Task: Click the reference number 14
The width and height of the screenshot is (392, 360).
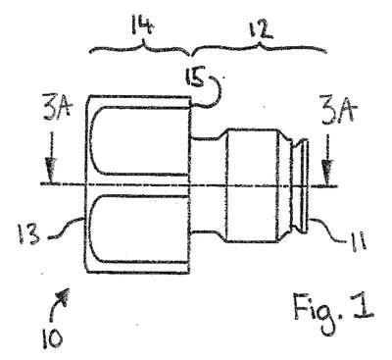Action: click(x=142, y=26)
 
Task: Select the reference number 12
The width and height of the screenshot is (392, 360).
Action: click(x=260, y=29)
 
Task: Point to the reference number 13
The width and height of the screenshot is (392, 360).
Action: click(x=28, y=234)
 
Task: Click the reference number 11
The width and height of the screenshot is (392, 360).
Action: click(x=359, y=241)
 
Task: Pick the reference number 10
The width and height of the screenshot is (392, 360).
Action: click(x=52, y=338)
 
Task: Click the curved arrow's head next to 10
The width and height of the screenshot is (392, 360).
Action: click(x=65, y=296)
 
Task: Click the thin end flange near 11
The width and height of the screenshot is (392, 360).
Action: click(x=306, y=185)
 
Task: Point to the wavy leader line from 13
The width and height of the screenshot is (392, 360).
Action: click(x=67, y=227)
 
